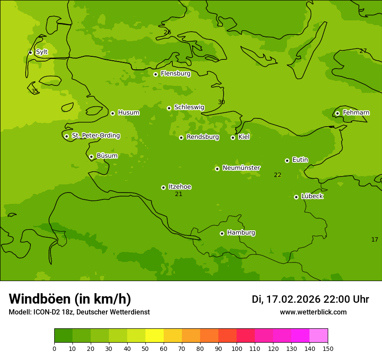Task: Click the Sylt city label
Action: (42, 52)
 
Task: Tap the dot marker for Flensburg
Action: (155, 74)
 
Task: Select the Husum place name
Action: (128, 113)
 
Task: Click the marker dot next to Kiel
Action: (233, 137)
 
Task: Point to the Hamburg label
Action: (241, 233)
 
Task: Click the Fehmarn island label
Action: (356, 113)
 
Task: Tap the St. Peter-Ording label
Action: (95, 136)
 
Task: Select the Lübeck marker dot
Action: (296, 197)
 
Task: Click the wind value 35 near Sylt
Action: (35, 92)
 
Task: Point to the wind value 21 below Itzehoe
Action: (179, 194)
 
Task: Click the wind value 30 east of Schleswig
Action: (221, 102)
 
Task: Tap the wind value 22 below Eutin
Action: (278, 175)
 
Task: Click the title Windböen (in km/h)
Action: (70, 299)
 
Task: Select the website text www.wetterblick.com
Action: (313, 312)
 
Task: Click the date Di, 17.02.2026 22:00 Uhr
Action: (310, 299)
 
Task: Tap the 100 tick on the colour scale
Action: (237, 348)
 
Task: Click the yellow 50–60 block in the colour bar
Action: (155, 336)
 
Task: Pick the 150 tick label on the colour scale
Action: (328, 348)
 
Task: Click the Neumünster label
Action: (241, 168)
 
